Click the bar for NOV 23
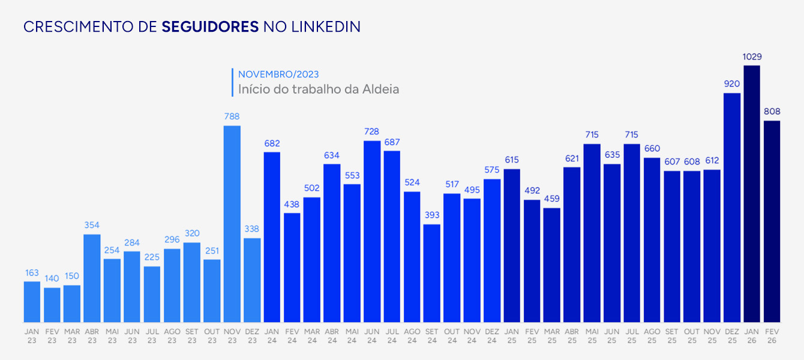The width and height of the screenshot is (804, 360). click(x=232, y=223)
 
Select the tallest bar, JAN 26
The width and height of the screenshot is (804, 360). click(x=752, y=193)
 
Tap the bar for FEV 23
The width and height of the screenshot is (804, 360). click(x=52, y=305)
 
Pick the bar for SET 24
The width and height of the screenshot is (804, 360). click(x=432, y=273)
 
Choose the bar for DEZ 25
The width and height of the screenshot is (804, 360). click(x=732, y=207)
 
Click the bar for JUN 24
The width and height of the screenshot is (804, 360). click(x=372, y=231)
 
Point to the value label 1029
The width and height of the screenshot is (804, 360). click(x=752, y=57)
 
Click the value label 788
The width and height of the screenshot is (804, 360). click(x=232, y=117)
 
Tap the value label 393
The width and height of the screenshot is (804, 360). click(x=432, y=215)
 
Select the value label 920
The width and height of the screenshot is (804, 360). click(x=732, y=84)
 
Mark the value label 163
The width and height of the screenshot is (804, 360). click(x=32, y=273)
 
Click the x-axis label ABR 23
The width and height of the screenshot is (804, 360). click(x=92, y=335)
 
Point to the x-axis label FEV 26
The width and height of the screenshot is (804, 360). click(x=772, y=335)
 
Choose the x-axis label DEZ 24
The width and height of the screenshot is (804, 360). click(x=492, y=335)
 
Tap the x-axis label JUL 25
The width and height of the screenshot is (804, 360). click(x=632, y=335)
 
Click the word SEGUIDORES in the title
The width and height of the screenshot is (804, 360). click(x=210, y=27)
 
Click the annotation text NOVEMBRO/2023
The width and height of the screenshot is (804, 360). click(x=278, y=74)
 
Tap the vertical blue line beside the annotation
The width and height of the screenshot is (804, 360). click(x=232, y=82)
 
